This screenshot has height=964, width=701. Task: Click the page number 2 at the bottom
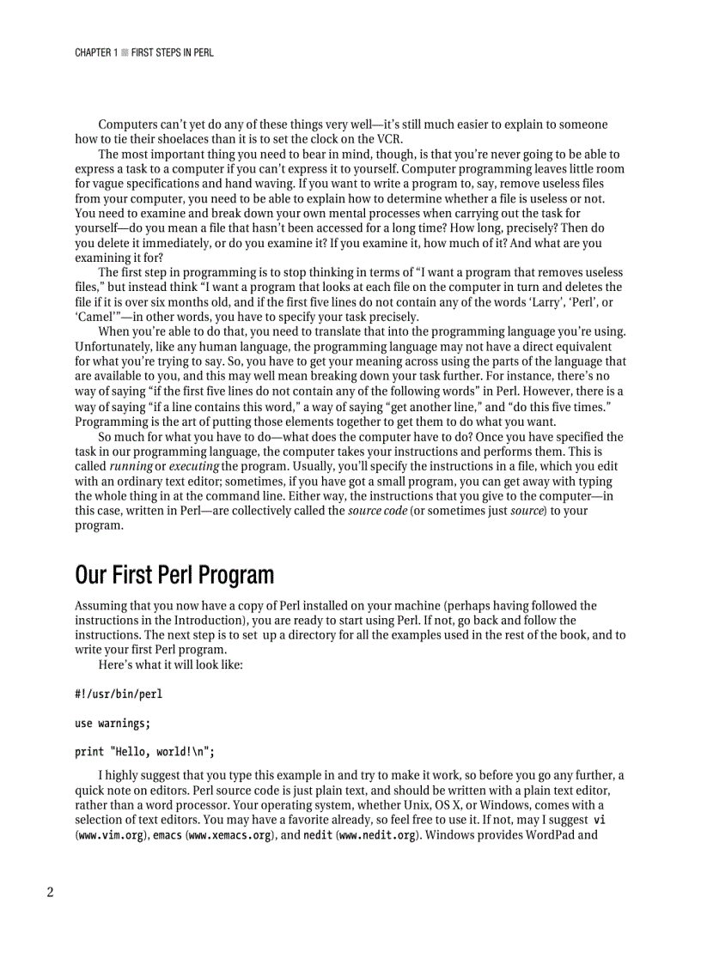[50, 892]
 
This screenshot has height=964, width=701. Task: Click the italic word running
[131, 466]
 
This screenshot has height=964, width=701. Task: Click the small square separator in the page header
[124, 53]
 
